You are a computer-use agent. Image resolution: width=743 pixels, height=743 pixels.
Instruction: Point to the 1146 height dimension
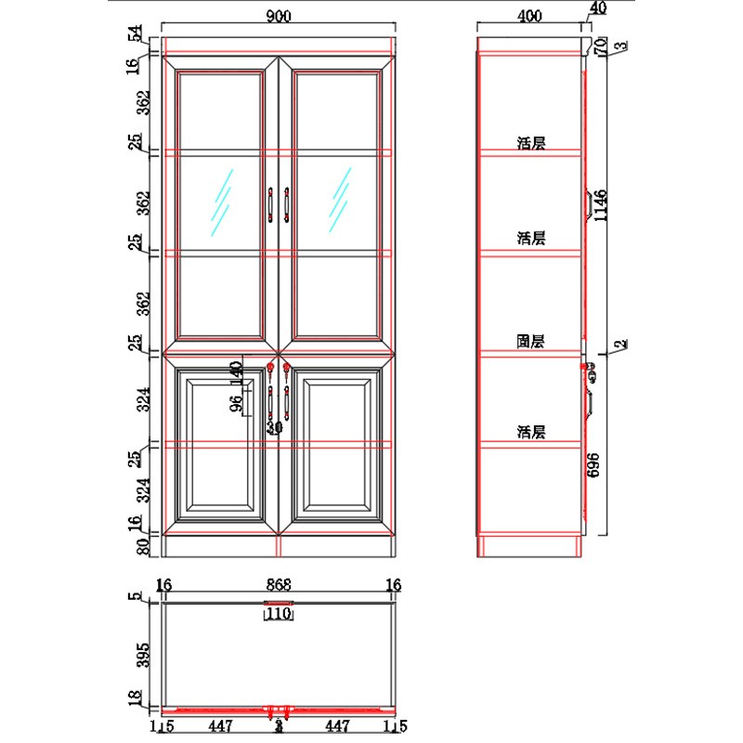[x=601, y=204]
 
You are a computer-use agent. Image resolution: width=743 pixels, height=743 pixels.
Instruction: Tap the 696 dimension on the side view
[x=592, y=464]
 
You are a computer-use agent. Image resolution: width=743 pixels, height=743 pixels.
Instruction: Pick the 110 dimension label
[x=279, y=615]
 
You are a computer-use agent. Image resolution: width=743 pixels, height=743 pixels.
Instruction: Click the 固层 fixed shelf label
[x=531, y=341]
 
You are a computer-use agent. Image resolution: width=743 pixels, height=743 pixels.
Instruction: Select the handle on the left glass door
[x=270, y=205]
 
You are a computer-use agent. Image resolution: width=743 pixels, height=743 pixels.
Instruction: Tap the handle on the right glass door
[x=287, y=205]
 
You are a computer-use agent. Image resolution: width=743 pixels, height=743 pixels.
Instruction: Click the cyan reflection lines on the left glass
[x=220, y=201]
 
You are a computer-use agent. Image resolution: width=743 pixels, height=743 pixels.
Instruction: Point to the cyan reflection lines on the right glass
[x=339, y=201]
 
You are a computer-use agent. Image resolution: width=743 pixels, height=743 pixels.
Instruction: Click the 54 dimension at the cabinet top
[x=136, y=34]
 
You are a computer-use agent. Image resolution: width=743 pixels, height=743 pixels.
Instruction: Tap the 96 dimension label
[x=236, y=402]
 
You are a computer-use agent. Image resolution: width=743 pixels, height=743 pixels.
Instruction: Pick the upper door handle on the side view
[x=588, y=204]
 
